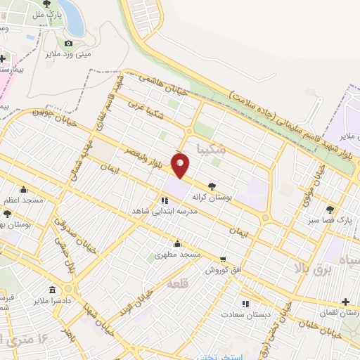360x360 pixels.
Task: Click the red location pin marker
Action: point(181,165)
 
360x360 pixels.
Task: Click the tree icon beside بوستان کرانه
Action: point(212,186)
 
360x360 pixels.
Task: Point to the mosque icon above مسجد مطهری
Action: point(177,244)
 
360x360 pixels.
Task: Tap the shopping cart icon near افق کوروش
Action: point(223,259)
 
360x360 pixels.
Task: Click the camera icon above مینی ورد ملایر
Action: point(68,44)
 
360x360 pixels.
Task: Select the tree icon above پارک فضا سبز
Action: point(329,210)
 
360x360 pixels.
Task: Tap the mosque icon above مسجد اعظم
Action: point(23,189)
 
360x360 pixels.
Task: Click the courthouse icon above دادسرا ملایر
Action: point(52,289)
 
